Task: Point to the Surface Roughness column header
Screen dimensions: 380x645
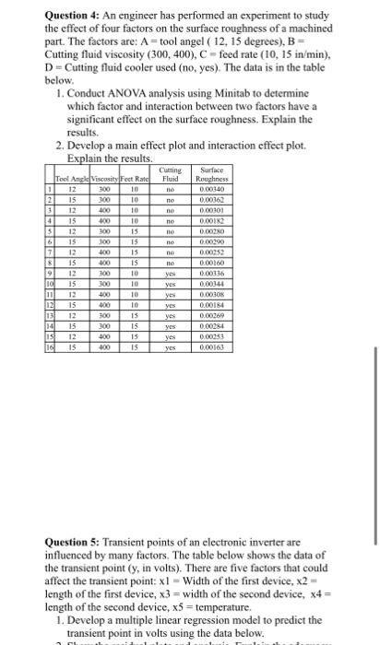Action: pyautogui.click(x=212, y=172)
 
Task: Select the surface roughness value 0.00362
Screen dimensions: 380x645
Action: pyautogui.click(x=212, y=197)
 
